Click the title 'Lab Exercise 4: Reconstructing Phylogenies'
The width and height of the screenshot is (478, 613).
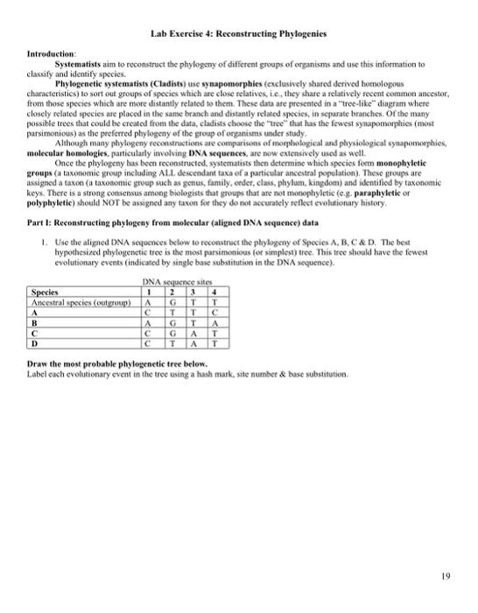pyautogui.click(x=238, y=33)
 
